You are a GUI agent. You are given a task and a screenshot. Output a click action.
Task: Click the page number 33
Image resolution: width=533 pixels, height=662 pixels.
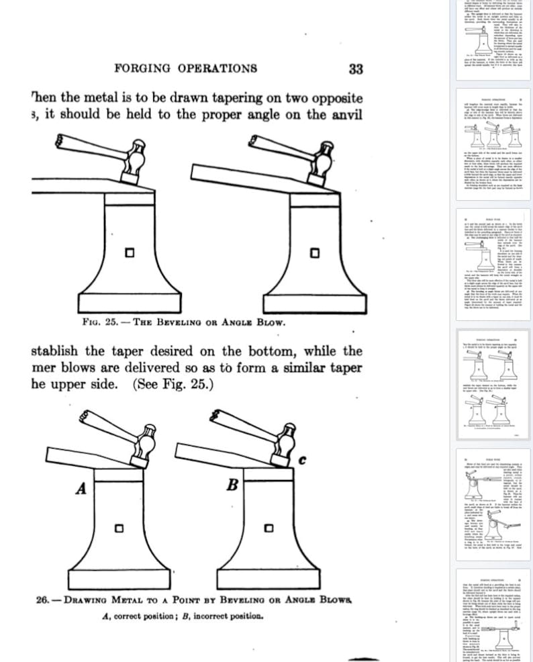tap(356, 68)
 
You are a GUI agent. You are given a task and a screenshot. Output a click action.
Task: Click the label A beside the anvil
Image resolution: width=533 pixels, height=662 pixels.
tap(81, 489)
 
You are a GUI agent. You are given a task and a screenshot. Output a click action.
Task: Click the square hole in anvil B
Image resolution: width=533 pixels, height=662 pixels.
tap(269, 529)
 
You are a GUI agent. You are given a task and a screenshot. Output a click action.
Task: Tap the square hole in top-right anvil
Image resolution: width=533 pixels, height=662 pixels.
tap(313, 254)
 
